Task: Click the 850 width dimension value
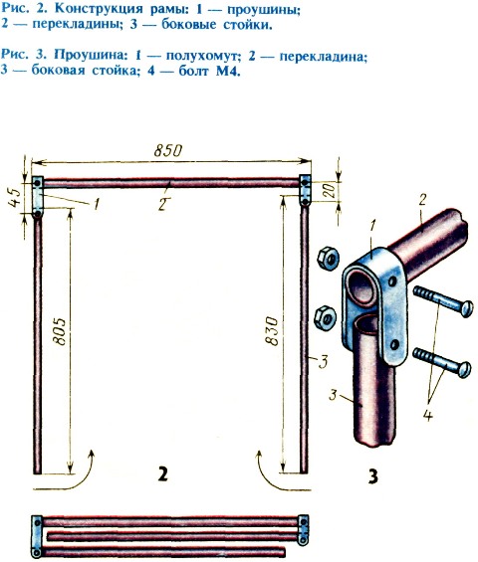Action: point(168,150)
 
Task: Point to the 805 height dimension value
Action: point(60,331)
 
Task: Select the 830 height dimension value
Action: point(272,331)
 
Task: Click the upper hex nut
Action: point(328,259)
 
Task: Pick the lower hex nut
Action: point(325,317)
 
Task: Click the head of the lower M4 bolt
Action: point(465,369)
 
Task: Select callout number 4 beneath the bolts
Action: point(427,415)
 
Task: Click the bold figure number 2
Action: point(163,474)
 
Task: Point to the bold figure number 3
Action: point(373,476)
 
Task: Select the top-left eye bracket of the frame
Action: point(37,197)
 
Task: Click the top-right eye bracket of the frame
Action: point(305,190)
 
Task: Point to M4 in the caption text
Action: point(227,71)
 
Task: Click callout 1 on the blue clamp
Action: point(373,226)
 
